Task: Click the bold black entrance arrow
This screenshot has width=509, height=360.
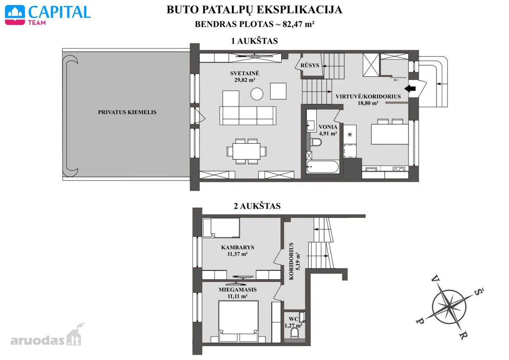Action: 410,88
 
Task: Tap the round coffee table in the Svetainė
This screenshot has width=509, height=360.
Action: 257,94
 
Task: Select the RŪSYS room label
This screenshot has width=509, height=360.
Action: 310,65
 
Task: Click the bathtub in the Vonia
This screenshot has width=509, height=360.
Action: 322,167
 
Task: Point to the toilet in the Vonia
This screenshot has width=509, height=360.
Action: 316,142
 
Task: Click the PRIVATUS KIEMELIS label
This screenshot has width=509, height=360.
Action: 127,112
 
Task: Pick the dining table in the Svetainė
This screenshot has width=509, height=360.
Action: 246,151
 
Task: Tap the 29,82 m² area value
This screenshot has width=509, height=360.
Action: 244,80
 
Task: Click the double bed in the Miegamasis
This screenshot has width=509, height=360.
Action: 238,321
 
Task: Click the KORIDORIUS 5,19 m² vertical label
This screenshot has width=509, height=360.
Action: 294,261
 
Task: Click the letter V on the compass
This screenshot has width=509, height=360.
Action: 435,279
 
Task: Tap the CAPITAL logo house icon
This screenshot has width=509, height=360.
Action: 15,15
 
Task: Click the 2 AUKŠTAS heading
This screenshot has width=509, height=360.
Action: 257,206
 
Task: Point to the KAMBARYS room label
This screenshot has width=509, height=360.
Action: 238,247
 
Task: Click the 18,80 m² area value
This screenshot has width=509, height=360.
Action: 368,103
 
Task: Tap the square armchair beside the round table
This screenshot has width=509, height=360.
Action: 278,91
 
